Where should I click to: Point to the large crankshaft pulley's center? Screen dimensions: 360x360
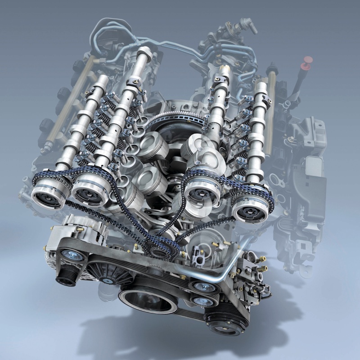[x=147, y=300]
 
